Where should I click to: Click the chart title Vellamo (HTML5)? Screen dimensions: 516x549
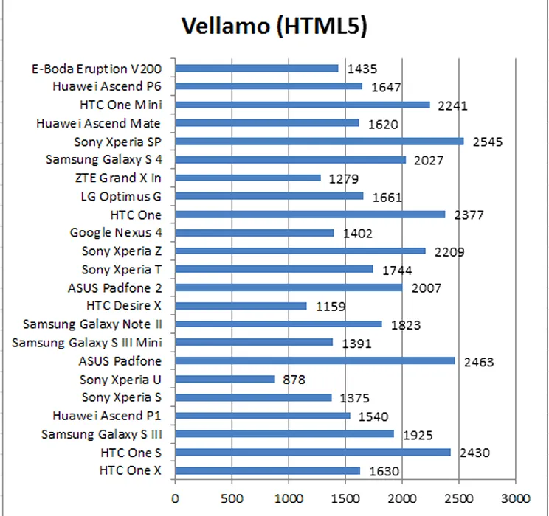(274, 27)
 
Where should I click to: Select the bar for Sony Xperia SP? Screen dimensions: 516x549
(320, 141)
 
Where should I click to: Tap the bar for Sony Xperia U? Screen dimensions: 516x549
(225, 379)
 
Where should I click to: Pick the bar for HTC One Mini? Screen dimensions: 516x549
(303, 105)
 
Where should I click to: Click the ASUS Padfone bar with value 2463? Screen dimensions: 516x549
(315, 360)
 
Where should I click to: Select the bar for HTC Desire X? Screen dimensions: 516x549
(241, 306)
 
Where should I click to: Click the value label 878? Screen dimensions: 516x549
(293, 380)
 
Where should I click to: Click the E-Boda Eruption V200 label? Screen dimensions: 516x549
(96, 69)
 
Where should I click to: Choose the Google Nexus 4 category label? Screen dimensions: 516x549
(116, 233)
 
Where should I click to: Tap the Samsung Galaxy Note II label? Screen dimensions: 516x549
(92, 324)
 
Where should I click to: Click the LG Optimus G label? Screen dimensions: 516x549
(120, 197)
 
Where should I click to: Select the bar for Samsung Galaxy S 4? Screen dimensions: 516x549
(290, 159)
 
